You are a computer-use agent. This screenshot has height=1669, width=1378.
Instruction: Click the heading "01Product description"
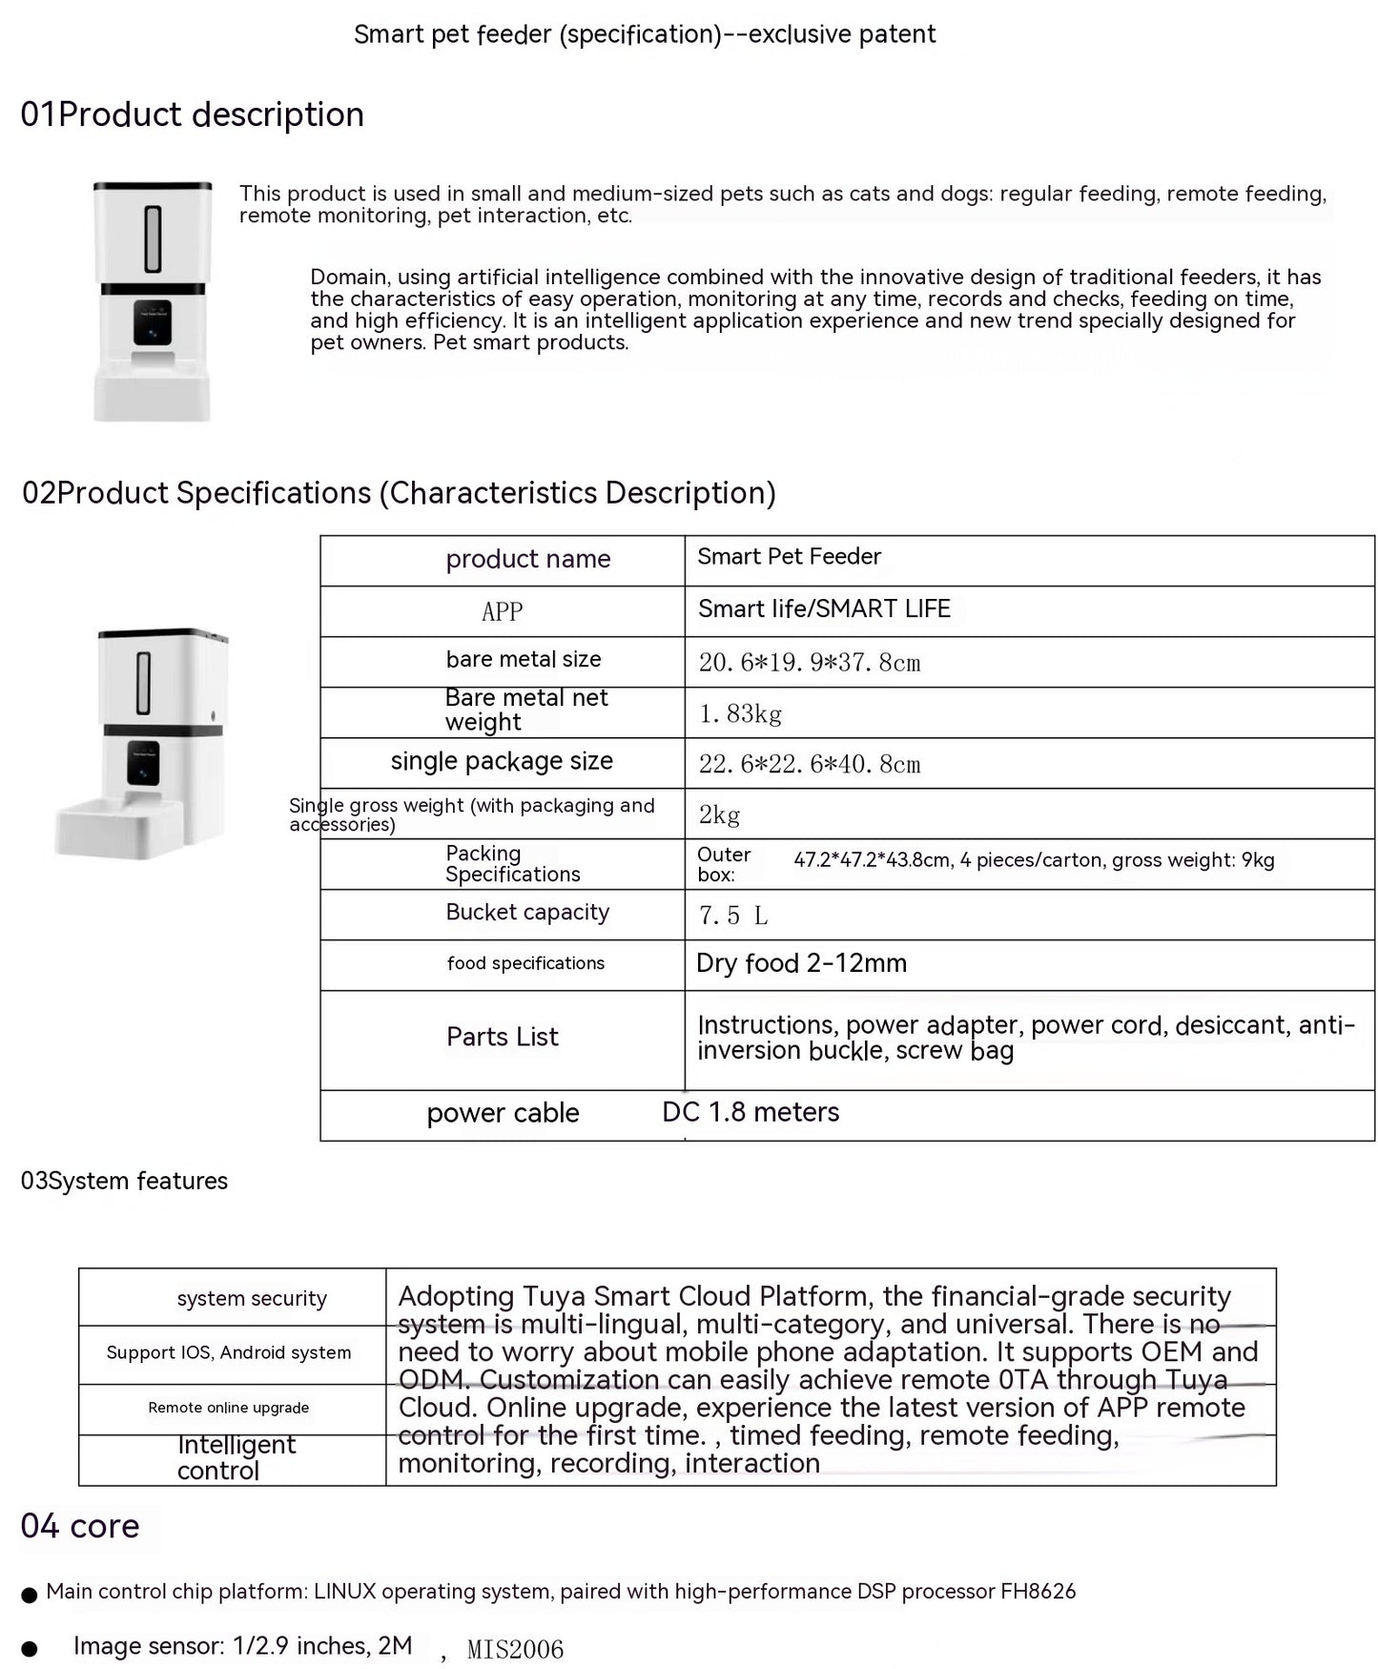(x=193, y=115)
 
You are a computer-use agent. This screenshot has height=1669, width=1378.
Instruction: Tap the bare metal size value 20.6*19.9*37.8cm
(x=810, y=663)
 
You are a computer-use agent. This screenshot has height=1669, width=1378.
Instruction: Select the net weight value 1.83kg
(x=740, y=714)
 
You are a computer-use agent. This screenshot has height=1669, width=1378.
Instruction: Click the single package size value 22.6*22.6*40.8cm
(x=810, y=765)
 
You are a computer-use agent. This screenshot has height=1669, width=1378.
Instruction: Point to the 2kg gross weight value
(x=719, y=815)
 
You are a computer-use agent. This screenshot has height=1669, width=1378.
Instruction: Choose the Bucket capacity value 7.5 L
(x=732, y=917)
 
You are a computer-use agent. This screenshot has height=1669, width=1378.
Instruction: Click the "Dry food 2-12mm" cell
(x=801, y=964)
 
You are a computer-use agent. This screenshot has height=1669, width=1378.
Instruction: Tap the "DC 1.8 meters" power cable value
(x=751, y=1113)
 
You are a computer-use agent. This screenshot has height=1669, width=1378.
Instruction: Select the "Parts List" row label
(x=503, y=1038)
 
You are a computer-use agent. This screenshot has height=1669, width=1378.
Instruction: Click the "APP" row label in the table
(x=503, y=612)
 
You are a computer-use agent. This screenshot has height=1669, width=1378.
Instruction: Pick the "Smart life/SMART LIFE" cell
(x=824, y=609)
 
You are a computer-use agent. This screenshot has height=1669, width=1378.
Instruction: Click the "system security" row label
(x=252, y=1299)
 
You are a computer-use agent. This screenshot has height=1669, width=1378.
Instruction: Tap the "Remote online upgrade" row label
(x=229, y=1409)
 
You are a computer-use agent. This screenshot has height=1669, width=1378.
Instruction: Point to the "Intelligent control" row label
(x=237, y=1458)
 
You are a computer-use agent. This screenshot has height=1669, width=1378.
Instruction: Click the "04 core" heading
(x=80, y=1527)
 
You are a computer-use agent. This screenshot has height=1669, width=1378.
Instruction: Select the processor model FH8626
(x=1038, y=1592)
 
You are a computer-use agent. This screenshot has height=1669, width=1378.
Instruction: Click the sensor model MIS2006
(x=515, y=1650)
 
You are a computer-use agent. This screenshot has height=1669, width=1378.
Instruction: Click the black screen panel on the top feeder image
(x=153, y=322)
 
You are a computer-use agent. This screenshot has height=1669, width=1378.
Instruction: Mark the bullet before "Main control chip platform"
(x=30, y=1595)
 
